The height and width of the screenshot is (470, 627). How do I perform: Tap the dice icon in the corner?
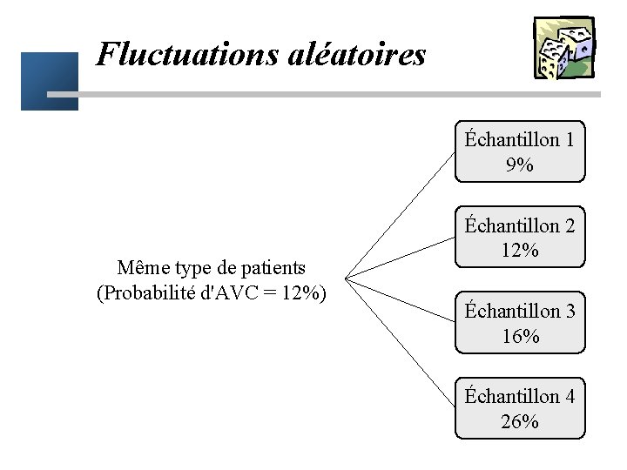(x=563, y=48)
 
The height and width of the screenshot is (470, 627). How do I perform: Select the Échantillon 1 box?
(x=520, y=151)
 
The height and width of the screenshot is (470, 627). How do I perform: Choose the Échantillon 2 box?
(x=520, y=237)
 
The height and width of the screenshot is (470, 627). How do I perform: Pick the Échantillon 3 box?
(x=520, y=322)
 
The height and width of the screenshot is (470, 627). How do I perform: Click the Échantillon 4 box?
(x=520, y=408)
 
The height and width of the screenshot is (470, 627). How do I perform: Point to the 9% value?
(x=519, y=164)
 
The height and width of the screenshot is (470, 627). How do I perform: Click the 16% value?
(x=520, y=336)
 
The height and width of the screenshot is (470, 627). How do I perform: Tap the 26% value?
(x=520, y=422)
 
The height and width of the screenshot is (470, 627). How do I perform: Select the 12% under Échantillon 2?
(x=520, y=251)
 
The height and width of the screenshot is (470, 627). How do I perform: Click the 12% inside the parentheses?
(x=302, y=292)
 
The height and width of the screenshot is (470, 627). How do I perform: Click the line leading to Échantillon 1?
(x=401, y=217)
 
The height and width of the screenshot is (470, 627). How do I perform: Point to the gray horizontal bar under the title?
(x=331, y=94)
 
